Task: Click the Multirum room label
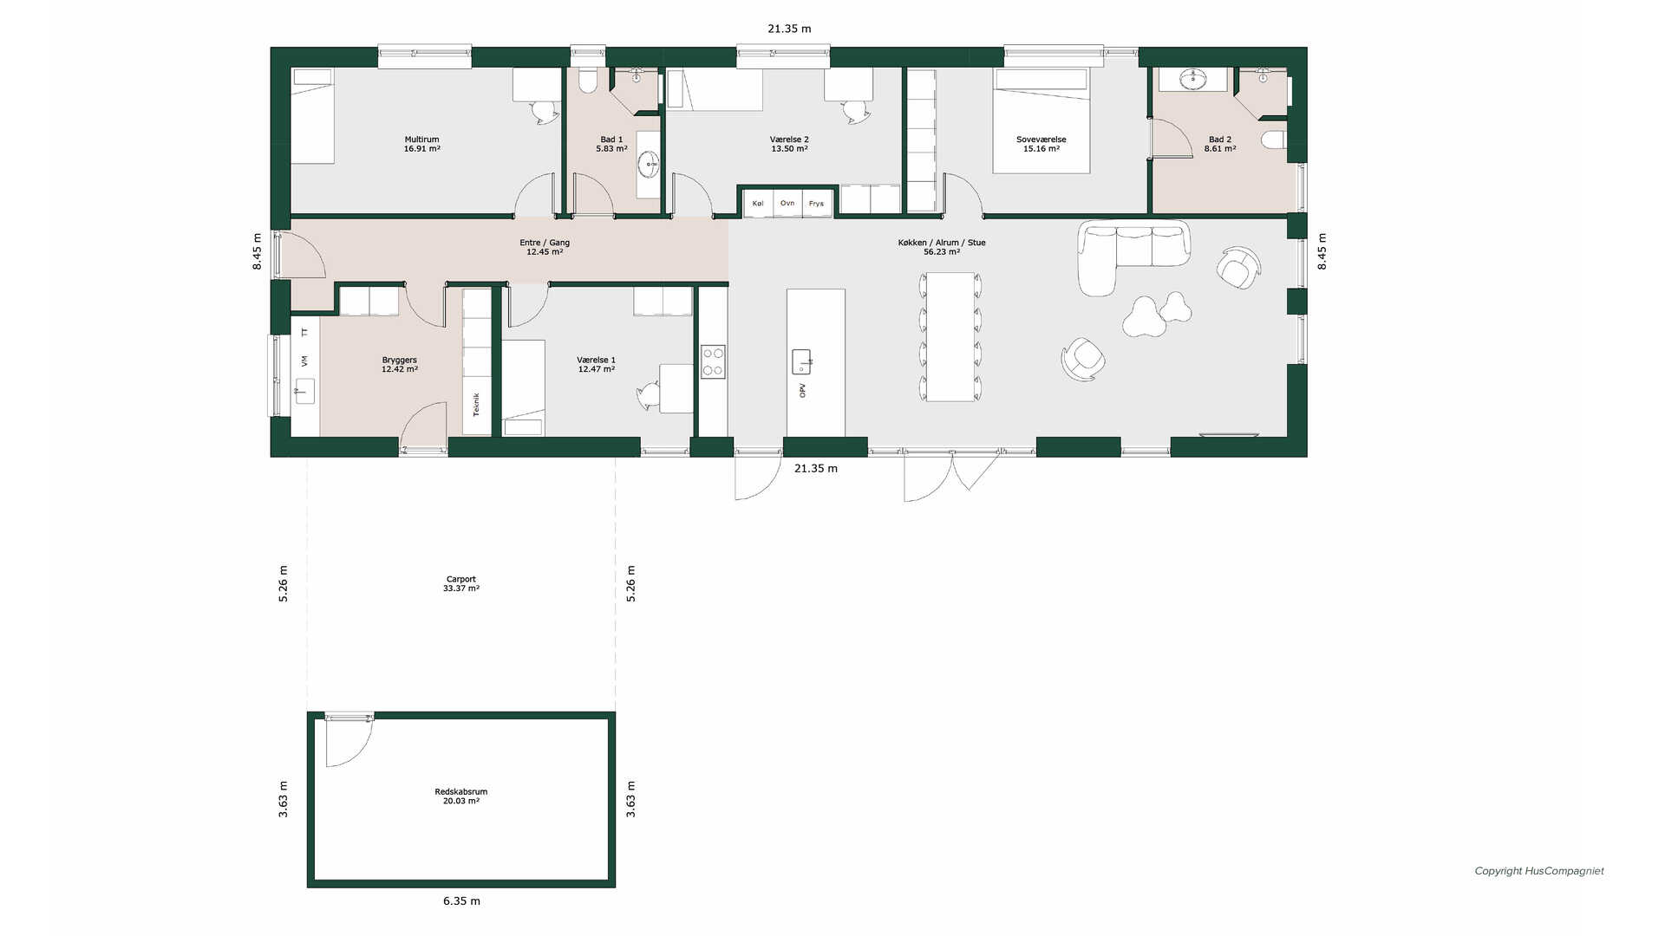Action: click(x=422, y=140)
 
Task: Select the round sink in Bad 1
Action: click(x=649, y=163)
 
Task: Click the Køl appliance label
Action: click(x=758, y=204)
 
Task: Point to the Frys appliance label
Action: click(x=816, y=204)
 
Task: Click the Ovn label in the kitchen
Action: click(x=787, y=204)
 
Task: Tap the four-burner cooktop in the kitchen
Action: click(x=713, y=361)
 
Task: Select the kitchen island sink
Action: click(x=801, y=361)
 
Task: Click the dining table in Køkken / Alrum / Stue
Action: click(x=950, y=337)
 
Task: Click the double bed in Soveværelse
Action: click(x=1041, y=121)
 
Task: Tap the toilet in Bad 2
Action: click(x=1274, y=140)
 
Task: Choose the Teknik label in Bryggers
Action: click(x=476, y=405)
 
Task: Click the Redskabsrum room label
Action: click(x=461, y=792)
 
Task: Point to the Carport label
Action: click(x=461, y=579)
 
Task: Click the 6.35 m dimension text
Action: click(x=462, y=901)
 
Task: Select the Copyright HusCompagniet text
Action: click(x=1539, y=871)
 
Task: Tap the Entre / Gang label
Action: click(x=545, y=243)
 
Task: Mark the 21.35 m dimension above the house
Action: click(x=789, y=29)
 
